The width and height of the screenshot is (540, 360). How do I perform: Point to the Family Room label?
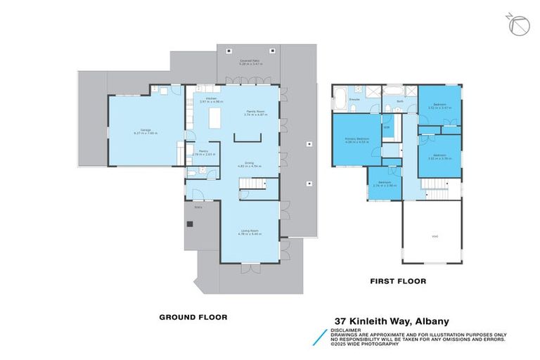(255, 112)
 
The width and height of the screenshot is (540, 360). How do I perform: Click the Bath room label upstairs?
(399, 101)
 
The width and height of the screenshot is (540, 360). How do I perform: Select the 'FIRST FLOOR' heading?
(399, 281)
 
